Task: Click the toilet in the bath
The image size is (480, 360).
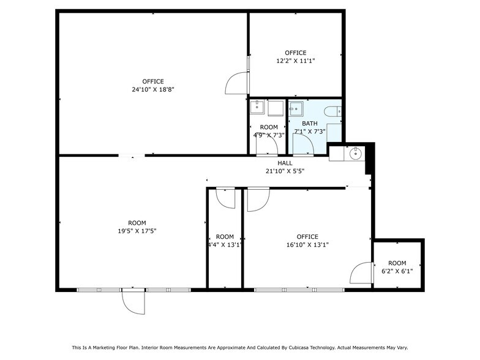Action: [331, 111]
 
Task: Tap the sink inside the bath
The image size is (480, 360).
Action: [297, 109]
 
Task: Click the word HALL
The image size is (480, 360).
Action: [285, 163]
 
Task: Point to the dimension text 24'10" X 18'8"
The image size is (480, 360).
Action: [153, 89]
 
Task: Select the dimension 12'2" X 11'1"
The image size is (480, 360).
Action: [296, 61]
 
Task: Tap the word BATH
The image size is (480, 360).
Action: [310, 123]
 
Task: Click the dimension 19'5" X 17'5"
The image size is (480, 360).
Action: [137, 231]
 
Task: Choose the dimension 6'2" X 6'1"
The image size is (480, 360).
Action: [397, 271]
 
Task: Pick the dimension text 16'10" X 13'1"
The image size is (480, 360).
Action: [307, 245]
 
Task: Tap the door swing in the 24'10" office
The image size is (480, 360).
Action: [237, 84]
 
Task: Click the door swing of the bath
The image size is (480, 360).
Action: [304, 144]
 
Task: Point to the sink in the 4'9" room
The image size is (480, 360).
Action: [258, 108]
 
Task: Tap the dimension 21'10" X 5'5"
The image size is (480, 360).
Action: [285, 171]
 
